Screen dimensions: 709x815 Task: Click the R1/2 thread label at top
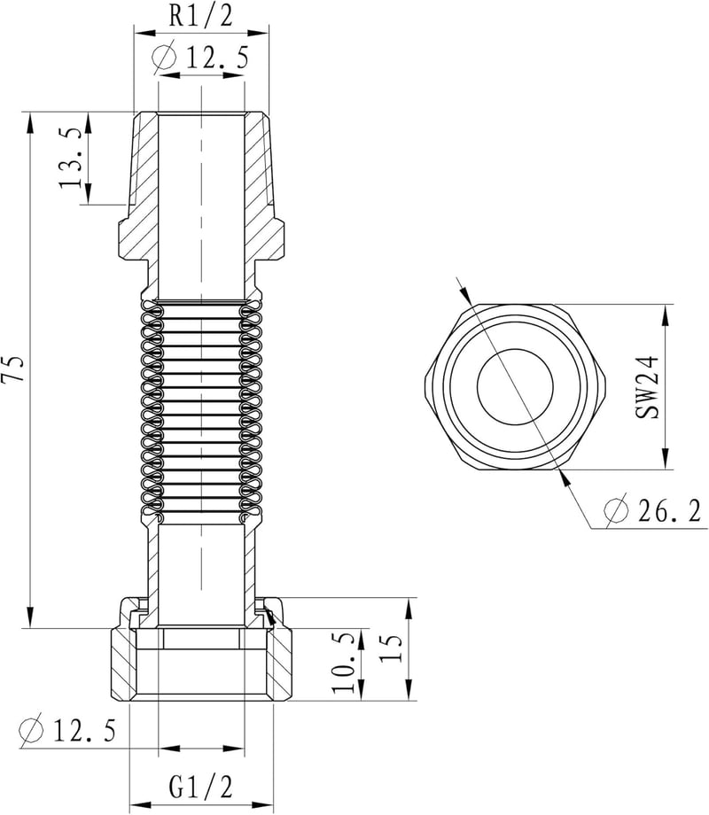tap(201, 16)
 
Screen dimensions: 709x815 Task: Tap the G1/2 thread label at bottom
tap(200, 786)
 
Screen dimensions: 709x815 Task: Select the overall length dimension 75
tap(12, 369)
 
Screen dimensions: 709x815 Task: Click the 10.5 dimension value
tap(345, 663)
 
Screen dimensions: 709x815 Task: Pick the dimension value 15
tap(391, 647)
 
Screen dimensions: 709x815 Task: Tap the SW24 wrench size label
tap(647, 387)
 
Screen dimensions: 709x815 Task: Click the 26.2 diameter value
tap(669, 510)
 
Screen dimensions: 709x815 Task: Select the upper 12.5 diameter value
tap(217, 57)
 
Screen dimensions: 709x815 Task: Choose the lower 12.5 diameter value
tap(84, 731)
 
